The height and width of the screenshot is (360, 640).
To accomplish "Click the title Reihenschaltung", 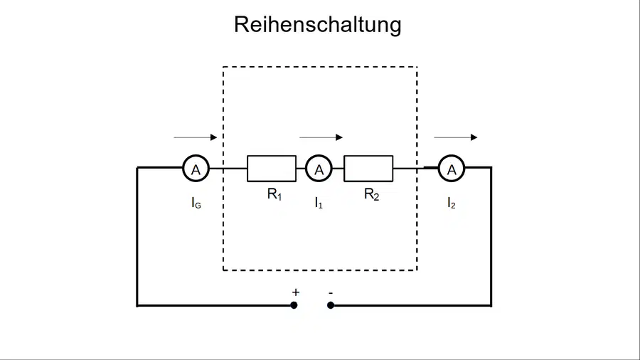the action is [318, 24].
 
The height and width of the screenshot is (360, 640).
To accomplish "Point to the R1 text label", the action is [274, 194].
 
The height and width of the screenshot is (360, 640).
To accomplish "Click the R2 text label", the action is [371, 194].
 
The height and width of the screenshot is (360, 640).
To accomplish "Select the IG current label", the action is [196, 203].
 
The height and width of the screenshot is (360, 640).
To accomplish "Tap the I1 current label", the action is [319, 203].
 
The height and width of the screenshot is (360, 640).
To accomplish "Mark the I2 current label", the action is [452, 203].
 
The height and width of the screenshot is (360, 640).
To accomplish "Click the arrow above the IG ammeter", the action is [196, 137].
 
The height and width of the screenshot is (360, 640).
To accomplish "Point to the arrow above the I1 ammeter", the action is [321, 137].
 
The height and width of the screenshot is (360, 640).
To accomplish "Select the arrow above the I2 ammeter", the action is [456, 137].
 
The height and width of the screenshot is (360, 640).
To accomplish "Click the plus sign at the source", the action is [296, 292].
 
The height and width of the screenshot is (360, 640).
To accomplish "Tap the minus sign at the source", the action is [331, 292].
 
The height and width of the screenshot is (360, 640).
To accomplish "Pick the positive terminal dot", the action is [294, 305].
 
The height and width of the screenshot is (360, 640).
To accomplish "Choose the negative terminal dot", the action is [331, 305].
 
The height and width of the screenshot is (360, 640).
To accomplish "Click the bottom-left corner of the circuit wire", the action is [137, 305].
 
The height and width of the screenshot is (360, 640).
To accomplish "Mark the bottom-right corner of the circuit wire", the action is [491, 305].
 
